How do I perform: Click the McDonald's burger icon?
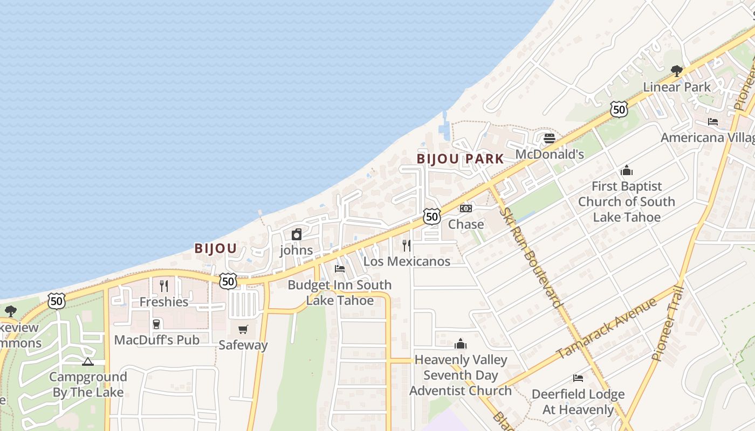tap(549, 138)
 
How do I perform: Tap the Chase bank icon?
tap(466, 208)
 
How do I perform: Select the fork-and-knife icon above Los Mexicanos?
tap(407, 246)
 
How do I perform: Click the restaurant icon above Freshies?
tap(164, 286)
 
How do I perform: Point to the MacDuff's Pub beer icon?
tap(156, 324)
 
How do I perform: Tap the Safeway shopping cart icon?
tap(243, 329)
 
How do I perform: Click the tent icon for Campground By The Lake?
tap(88, 361)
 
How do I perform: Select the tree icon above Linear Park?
tap(676, 71)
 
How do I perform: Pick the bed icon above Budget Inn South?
tap(340, 268)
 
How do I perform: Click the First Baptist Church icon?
tap(627, 170)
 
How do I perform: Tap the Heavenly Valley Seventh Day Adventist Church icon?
tap(461, 344)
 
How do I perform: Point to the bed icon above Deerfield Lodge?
tap(578, 378)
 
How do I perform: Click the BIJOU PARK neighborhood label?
tap(460, 159)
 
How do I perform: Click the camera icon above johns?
tap(296, 234)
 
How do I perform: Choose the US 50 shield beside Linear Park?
tap(619, 109)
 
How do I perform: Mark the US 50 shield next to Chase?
tap(431, 217)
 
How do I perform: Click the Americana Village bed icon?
tap(713, 122)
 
